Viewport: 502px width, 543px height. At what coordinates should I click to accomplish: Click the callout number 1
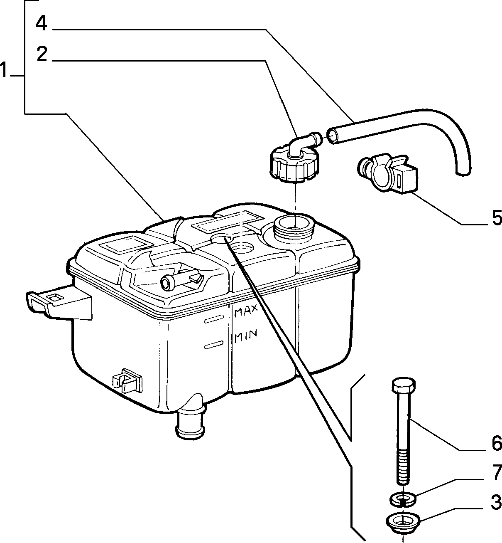(x=4, y=70)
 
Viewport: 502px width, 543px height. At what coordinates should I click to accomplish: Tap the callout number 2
(x=42, y=54)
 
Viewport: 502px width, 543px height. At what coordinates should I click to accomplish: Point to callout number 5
(x=496, y=217)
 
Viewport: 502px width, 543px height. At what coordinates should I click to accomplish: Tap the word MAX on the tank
(x=246, y=311)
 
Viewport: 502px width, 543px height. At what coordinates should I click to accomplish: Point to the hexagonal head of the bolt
(x=404, y=385)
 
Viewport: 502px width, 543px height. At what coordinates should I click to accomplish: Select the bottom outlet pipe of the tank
(x=190, y=427)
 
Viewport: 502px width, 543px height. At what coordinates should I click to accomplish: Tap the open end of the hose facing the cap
(x=333, y=136)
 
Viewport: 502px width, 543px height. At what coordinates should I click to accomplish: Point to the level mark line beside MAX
(x=214, y=319)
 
